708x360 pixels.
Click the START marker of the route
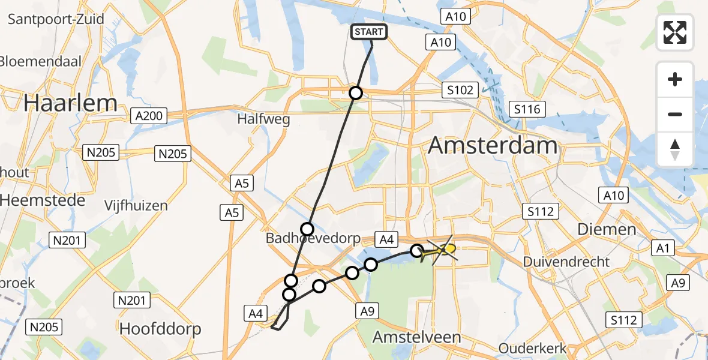click(x=369, y=32)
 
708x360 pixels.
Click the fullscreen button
click(x=675, y=32)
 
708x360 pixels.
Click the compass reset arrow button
click(x=675, y=149)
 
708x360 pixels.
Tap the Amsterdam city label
click(x=494, y=146)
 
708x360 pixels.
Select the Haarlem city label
click(x=70, y=103)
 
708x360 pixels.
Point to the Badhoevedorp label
click(x=314, y=239)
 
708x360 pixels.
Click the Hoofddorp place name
click(x=160, y=329)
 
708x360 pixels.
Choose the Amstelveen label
click(x=416, y=337)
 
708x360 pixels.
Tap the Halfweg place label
click(x=263, y=119)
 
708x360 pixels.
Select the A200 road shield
click(x=149, y=115)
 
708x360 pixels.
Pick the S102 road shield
click(x=460, y=91)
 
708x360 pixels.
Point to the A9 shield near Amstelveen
click(x=368, y=311)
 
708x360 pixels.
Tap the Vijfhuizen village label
click(x=136, y=205)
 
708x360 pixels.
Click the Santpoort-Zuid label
click(x=56, y=19)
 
